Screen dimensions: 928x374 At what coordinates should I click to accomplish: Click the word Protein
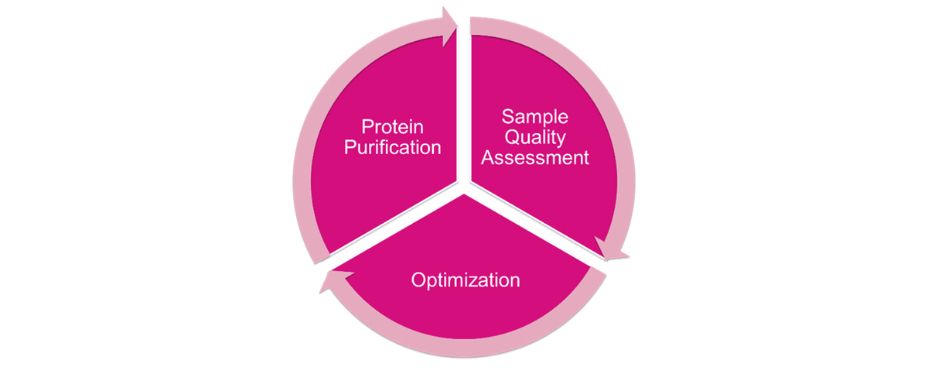pyautogui.click(x=392, y=126)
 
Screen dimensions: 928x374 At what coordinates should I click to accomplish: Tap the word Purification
pyautogui.click(x=392, y=147)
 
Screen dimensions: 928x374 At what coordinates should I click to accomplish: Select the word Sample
pyautogui.click(x=535, y=118)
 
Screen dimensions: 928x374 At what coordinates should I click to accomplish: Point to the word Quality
pyautogui.click(x=535, y=138)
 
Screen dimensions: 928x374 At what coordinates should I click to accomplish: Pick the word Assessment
pyautogui.click(x=535, y=157)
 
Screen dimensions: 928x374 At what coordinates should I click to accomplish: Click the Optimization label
pyautogui.click(x=466, y=281)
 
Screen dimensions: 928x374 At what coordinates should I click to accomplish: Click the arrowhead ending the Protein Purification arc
pyautogui.click(x=449, y=26)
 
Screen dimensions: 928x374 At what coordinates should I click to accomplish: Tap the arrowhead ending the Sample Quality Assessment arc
pyautogui.click(x=611, y=249)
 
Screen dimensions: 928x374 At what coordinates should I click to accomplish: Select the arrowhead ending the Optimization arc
pyautogui.click(x=336, y=281)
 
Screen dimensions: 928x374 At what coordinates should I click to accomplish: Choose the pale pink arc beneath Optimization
pyautogui.click(x=464, y=348)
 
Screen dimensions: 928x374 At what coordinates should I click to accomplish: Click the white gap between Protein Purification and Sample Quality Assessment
pyautogui.click(x=464, y=104)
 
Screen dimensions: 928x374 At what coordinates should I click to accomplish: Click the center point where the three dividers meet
pyautogui.click(x=464, y=187)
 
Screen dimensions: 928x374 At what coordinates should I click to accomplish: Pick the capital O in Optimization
pyautogui.click(x=419, y=280)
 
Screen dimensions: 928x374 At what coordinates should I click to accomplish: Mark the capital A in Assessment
pyautogui.click(x=488, y=157)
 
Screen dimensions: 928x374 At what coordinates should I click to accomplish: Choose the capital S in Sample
pyautogui.click(x=508, y=116)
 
